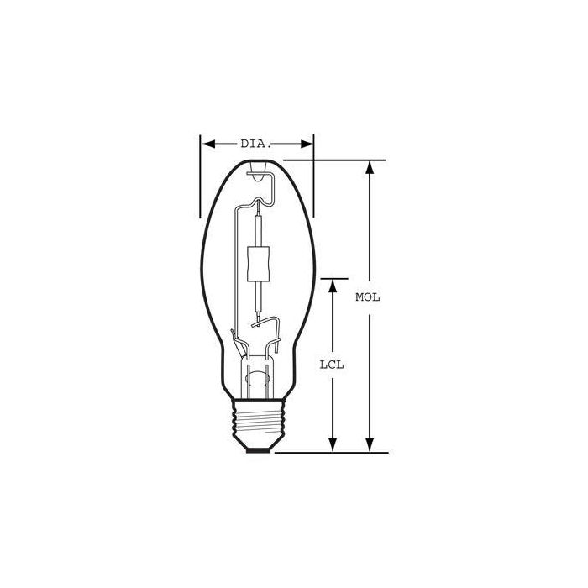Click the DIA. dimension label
(x=255, y=144)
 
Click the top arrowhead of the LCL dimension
(x=333, y=286)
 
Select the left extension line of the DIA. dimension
(x=200, y=168)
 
